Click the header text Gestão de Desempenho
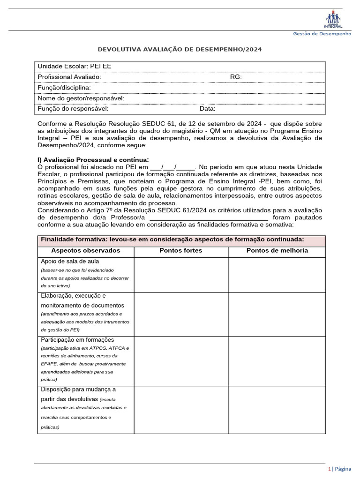(x=322, y=34)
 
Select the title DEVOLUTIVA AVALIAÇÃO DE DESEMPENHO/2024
(x=180, y=49)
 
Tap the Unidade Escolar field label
(x=74, y=66)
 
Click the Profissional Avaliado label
(x=69, y=77)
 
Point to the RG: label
(x=236, y=77)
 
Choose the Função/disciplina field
(x=64, y=88)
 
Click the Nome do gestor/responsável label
(x=81, y=98)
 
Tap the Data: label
(x=207, y=109)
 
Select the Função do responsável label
(x=73, y=109)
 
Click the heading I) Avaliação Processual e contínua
(x=93, y=160)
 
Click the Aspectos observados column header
(x=85, y=251)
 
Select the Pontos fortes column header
(x=181, y=251)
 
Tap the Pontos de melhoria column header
(x=277, y=251)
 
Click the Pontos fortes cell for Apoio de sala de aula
(x=181, y=274)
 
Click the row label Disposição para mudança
(x=78, y=390)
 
